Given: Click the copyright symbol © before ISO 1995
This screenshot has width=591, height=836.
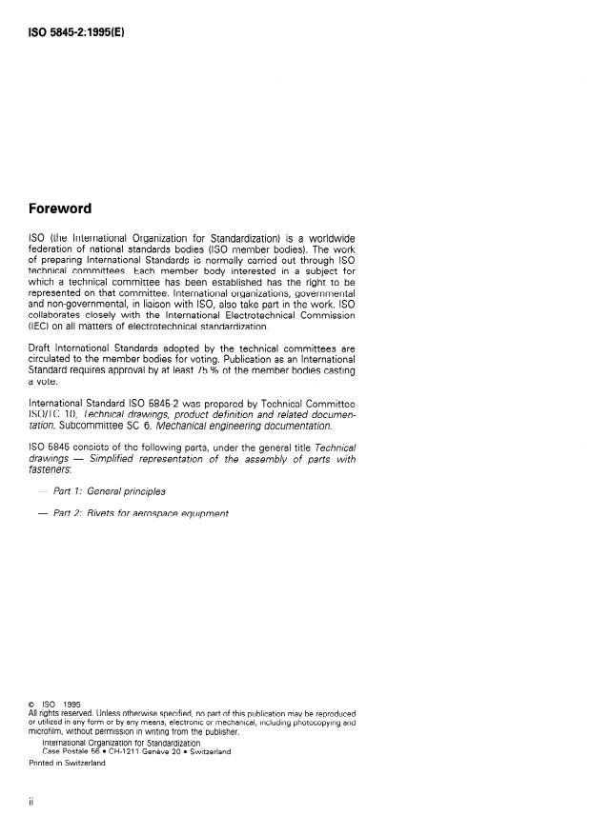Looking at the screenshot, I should (32, 705).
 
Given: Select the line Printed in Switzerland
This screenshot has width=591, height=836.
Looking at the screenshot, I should (68, 762).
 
